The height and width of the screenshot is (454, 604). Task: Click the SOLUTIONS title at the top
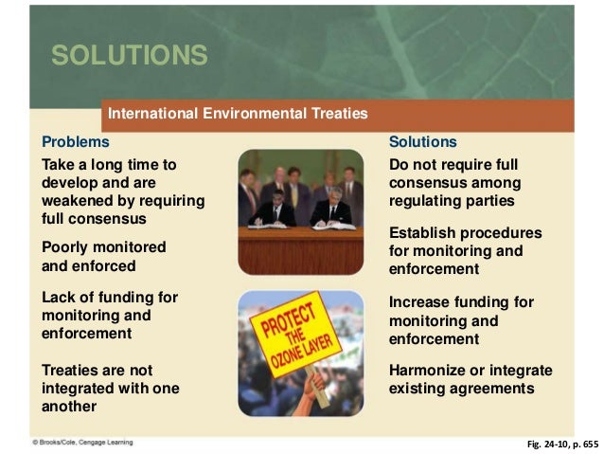coord(130,55)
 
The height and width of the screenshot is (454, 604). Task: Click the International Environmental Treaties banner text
coord(238,114)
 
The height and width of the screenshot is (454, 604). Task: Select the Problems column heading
coord(76,142)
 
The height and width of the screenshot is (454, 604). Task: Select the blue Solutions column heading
coord(423,142)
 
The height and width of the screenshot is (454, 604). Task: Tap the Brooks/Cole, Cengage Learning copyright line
coord(82,442)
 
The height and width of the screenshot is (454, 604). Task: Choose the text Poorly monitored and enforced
coord(104,256)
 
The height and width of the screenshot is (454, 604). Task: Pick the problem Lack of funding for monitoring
coord(110,316)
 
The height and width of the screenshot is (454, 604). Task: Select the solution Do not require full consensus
coord(454,182)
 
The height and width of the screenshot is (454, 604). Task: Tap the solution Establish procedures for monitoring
coord(465,250)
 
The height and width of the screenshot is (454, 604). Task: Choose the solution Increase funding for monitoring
coord(461,320)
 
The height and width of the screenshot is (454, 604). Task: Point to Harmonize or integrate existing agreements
coord(471,379)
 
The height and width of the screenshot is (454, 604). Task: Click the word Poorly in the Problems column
coord(67,246)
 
